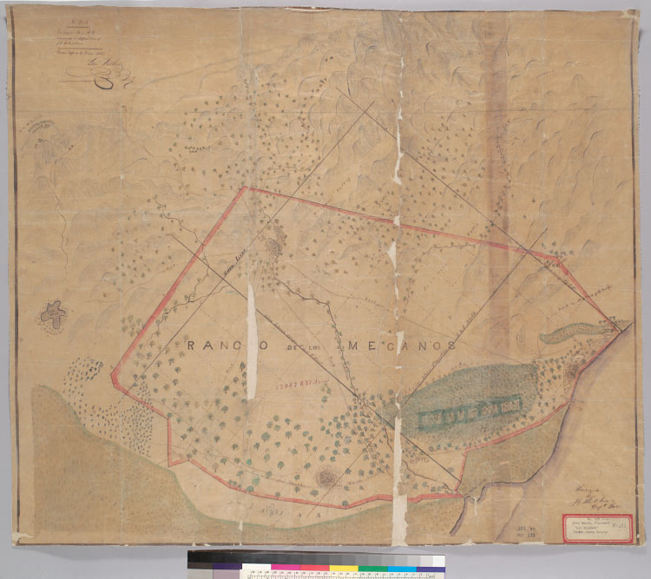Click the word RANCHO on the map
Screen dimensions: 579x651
pyautogui.click(x=217, y=345)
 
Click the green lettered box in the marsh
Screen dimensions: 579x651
pyautogui.click(x=470, y=413)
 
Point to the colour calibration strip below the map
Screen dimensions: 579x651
pyautogui.click(x=316, y=563)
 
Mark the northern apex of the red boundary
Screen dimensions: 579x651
pyautogui.click(x=245, y=188)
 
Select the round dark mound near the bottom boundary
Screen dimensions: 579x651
pyautogui.click(x=326, y=477)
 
